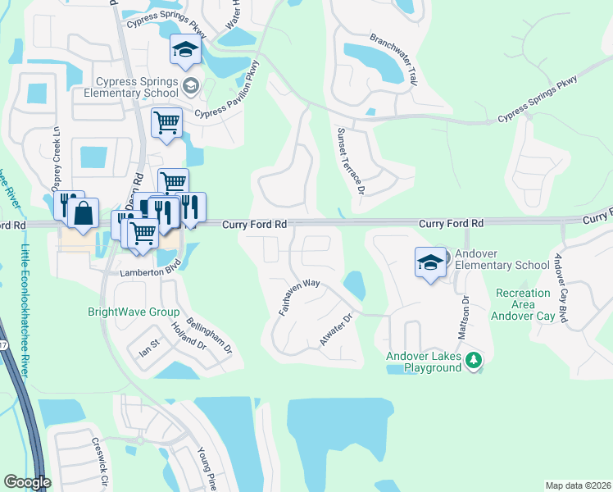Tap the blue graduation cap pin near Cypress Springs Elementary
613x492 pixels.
185,51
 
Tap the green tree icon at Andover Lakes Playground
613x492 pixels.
473,360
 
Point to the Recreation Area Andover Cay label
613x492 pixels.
523,303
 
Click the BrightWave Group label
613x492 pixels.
134,312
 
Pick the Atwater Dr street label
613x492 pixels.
336,329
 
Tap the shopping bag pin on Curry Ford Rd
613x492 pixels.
84,215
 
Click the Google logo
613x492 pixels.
28,482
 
